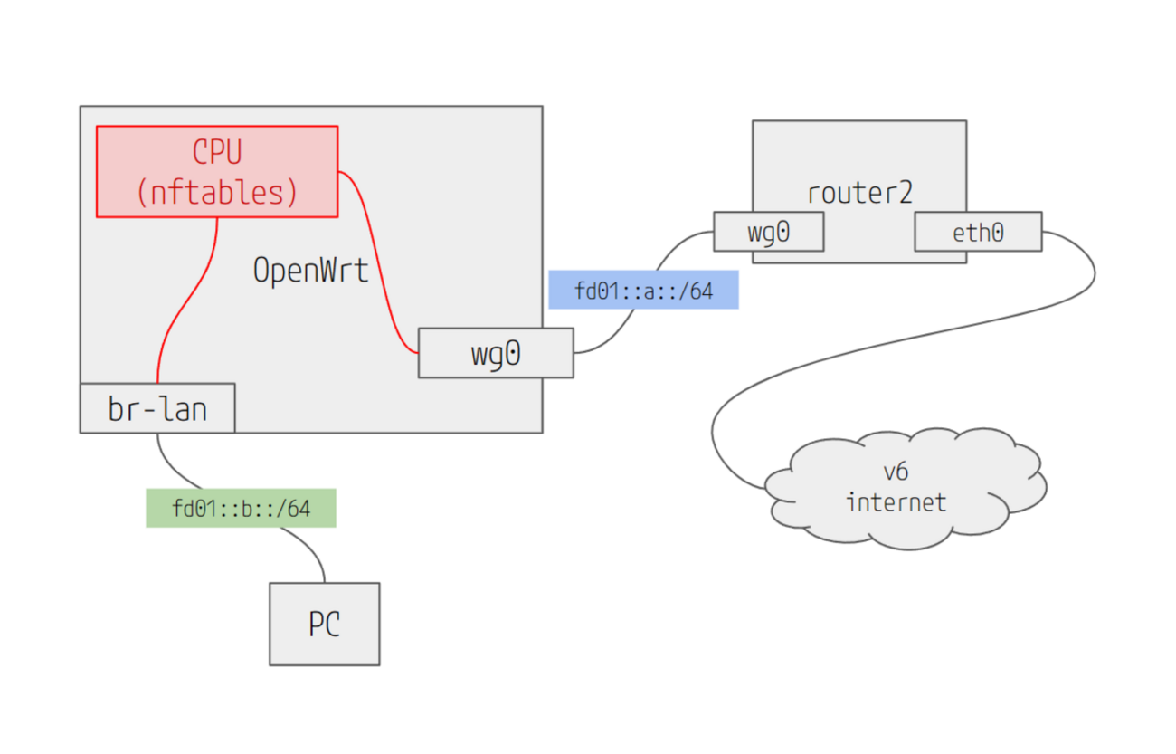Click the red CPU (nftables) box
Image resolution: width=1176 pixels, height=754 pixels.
pos(217,171)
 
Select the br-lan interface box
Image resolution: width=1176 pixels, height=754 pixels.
pos(157,408)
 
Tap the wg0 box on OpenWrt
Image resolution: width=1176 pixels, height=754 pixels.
pos(495,353)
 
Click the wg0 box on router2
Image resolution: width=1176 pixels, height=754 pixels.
pos(768,232)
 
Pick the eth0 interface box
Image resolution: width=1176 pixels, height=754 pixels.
pos(978,232)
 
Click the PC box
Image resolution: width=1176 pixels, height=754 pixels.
pos(324,624)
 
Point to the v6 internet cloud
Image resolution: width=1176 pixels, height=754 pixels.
pos(905,488)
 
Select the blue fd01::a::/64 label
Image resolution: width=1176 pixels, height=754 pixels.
pos(643,291)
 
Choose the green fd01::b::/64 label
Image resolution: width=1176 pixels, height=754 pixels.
pos(241,508)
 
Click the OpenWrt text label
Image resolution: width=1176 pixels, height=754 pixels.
pos(310,270)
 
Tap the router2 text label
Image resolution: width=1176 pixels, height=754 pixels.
pos(858,193)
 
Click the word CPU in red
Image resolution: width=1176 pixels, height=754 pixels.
pos(217,151)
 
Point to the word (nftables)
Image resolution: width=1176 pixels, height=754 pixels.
pos(217,192)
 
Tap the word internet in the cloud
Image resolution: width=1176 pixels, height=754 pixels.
pos(896,501)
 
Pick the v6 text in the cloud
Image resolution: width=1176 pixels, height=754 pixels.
pos(896,472)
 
